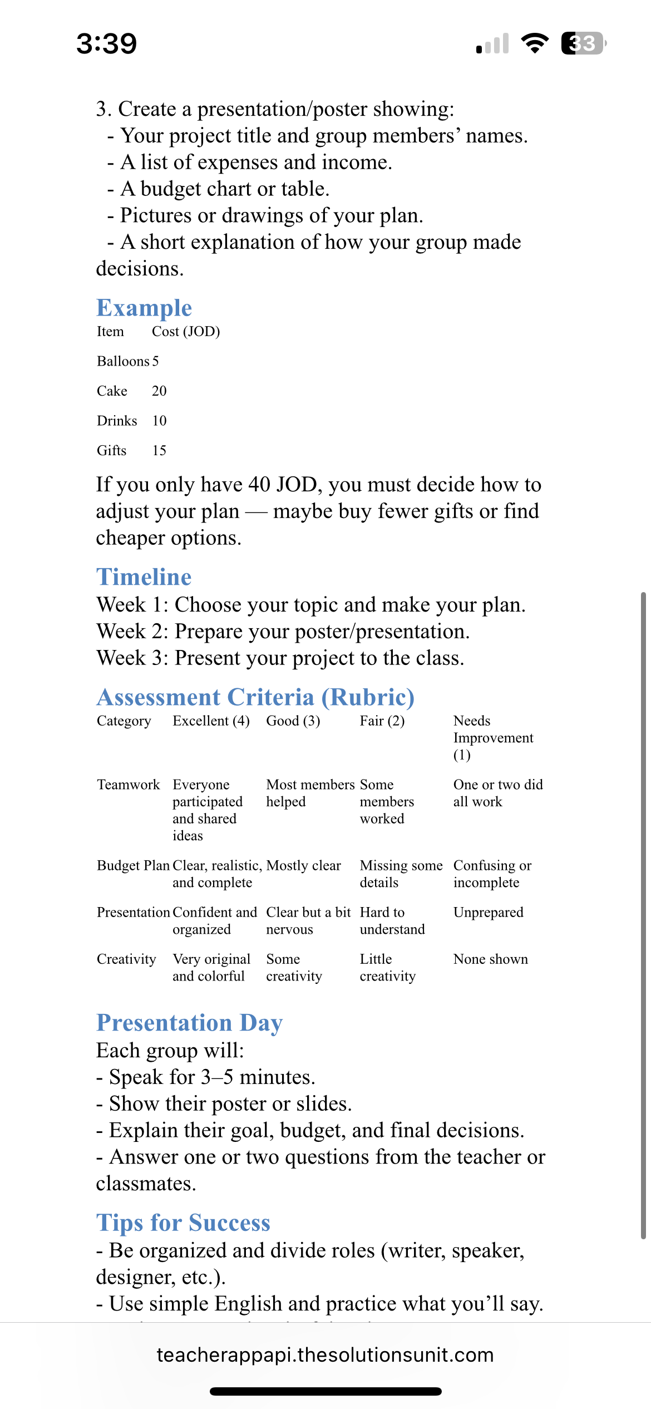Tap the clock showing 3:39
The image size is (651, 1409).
coord(106,43)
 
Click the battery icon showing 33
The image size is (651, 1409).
coord(583,43)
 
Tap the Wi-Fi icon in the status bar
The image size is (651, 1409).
coord(534,43)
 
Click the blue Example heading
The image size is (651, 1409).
coord(144,308)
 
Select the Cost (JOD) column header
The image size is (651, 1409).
coord(186,332)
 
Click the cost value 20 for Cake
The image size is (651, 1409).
coord(159,391)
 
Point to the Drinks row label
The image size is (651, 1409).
coord(117,421)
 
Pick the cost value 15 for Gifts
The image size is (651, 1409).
coord(159,451)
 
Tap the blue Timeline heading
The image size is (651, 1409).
coord(144,577)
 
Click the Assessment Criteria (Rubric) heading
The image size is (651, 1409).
coord(255,697)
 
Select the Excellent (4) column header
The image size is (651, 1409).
coord(211,721)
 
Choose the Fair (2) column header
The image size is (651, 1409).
coord(382,721)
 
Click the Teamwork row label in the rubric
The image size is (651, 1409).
coord(128,785)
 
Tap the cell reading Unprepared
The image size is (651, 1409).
coord(488,913)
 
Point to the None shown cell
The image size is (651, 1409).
coord(490,959)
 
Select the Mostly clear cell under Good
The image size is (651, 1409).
coord(303,866)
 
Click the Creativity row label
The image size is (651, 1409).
coord(126,959)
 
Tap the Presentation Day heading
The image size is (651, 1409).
coord(189,1023)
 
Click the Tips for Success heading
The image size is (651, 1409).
coord(183,1223)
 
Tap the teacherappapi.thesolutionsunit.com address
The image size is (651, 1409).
coord(325,1355)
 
